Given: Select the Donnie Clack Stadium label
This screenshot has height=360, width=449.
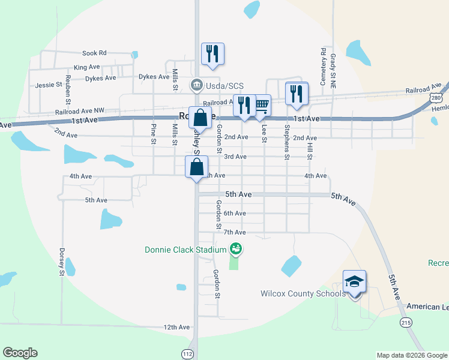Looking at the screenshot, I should pos(185,249).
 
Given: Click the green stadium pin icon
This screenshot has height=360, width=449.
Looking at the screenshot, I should pos(235,248).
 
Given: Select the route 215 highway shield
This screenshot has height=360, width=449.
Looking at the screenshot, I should pos(407,322).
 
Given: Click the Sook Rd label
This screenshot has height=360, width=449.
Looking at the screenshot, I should pos(94,53).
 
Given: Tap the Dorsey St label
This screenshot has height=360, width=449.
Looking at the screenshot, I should pos(61,262).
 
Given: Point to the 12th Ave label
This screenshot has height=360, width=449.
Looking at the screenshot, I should pos(176,327).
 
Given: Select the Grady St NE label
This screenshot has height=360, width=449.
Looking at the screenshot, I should pos(333,71).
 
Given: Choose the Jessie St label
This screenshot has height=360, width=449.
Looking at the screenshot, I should pos(49,85).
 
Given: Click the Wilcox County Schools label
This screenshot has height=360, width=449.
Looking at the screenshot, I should pos(303,293).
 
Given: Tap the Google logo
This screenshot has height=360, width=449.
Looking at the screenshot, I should pos(20,353).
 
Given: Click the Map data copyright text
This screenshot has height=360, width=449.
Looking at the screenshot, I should pos(411,355).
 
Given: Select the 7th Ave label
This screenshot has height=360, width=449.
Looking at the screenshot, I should pos(235,232).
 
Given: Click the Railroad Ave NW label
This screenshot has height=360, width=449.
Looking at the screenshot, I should pos(79,111).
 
